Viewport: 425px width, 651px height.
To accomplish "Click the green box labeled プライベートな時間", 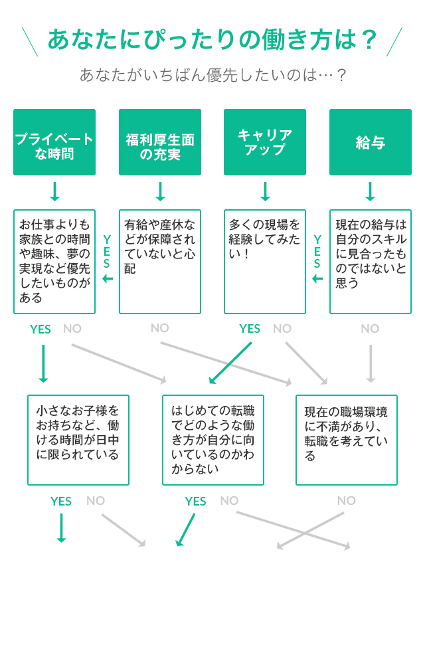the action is [x=54, y=142].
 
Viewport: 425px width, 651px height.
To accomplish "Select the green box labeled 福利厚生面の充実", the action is [x=160, y=142].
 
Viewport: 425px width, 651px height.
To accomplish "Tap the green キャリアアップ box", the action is [x=265, y=142].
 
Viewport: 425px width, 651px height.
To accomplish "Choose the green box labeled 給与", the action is [x=371, y=142].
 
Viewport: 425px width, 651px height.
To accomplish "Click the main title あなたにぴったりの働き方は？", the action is [x=212, y=40].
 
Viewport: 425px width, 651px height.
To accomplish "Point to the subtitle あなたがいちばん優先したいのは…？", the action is [x=212, y=75].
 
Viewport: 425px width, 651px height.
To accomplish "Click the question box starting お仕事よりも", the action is [x=54, y=262].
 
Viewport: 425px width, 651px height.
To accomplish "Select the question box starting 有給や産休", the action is [x=160, y=262].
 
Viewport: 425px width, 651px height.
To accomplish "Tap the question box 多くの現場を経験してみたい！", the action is [x=265, y=262].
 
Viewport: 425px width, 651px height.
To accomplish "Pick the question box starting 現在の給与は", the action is [x=371, y=262].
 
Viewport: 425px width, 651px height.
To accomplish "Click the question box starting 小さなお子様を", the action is [x=78, y=440].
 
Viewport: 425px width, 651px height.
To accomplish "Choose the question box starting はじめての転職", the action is [x=213, y=440].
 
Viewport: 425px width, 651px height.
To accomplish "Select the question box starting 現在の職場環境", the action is [x=347, y=440].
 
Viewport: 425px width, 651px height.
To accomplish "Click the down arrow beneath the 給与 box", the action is [x=371, y=191].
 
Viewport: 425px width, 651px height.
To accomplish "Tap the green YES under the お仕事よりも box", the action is [x=41, y=329].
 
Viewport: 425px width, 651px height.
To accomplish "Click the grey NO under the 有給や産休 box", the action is [x=160, y=328].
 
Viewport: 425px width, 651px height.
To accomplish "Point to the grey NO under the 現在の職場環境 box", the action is [x=347, y=501].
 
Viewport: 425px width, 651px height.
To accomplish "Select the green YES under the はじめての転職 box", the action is [x=195, y=502].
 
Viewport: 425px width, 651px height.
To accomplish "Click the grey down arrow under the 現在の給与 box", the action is [x=371, y=363].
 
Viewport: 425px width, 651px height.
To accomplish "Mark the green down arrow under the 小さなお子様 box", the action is [x=61, y=527].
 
